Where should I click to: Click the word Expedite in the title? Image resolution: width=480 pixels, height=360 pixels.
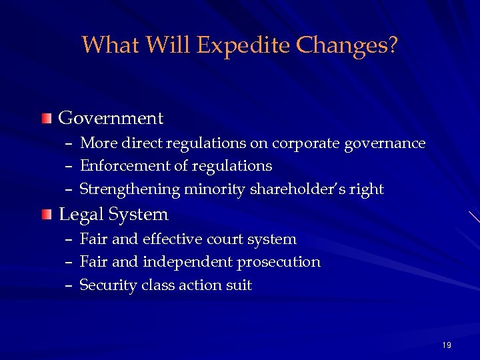[243, 46]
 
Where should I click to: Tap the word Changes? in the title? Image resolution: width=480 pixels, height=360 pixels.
[347, 45]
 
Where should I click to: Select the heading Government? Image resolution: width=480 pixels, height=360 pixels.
[111, 119]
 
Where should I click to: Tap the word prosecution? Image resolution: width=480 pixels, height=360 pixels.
[279, 262]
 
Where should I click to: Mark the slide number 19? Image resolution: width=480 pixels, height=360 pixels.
[446, 345]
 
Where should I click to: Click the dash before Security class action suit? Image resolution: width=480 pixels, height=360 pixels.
[69, 285]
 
